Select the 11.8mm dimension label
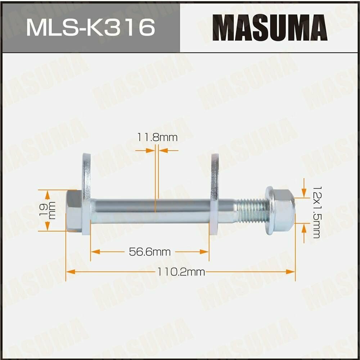[157, 137]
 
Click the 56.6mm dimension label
[150, 252]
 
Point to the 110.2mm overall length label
[180, 272]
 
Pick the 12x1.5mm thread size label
[316, 212]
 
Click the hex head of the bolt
[74, 211]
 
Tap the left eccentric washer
[86, 194]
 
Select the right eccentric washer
[215, 194]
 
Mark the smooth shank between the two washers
[151, 211]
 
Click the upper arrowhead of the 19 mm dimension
[47, 194]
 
